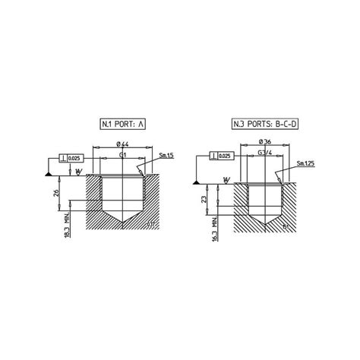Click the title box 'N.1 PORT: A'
point(123,124)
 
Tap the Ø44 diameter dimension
point(122,145)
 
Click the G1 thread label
point(122,155)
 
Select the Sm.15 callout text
point(166,156)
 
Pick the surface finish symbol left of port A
point(79,172)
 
